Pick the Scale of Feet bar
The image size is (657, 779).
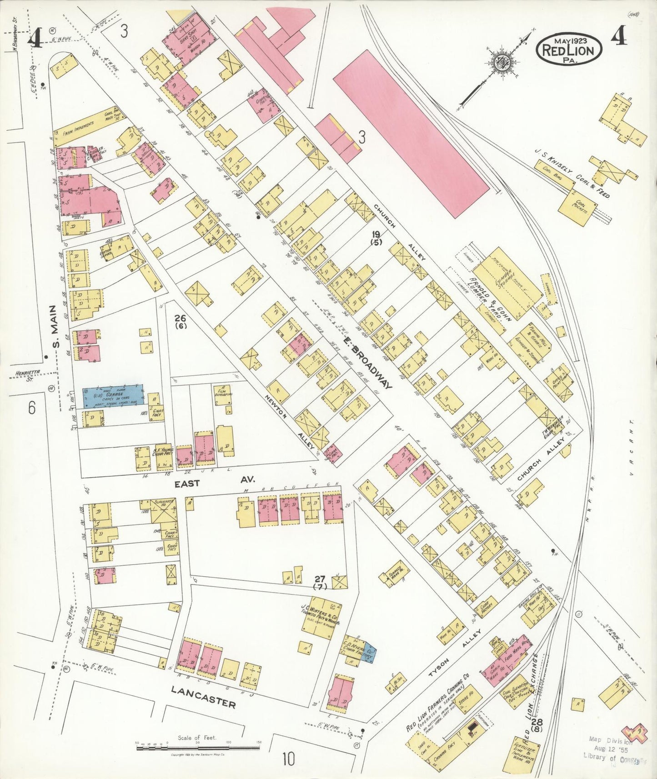point(198,746)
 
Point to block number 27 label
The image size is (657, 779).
point(320,582)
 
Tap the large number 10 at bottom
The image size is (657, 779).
point(288,759)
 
